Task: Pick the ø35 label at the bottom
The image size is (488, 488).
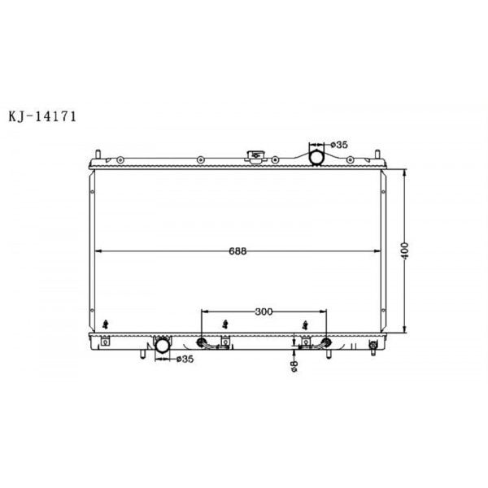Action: pyautogui.click(x=185, y=359)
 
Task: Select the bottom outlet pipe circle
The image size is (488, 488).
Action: pyautogui.click(x=163, y=347)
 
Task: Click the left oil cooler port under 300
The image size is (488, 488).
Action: pyautogui.click(x=203, y=342)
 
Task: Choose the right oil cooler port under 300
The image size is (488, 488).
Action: pyautogui.click(x=327, y=342)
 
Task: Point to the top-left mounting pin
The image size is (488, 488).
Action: pyautogui.click(x=98, y=154)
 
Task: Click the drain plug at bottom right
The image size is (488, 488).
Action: pyautogui.click(x=373, y=347)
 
